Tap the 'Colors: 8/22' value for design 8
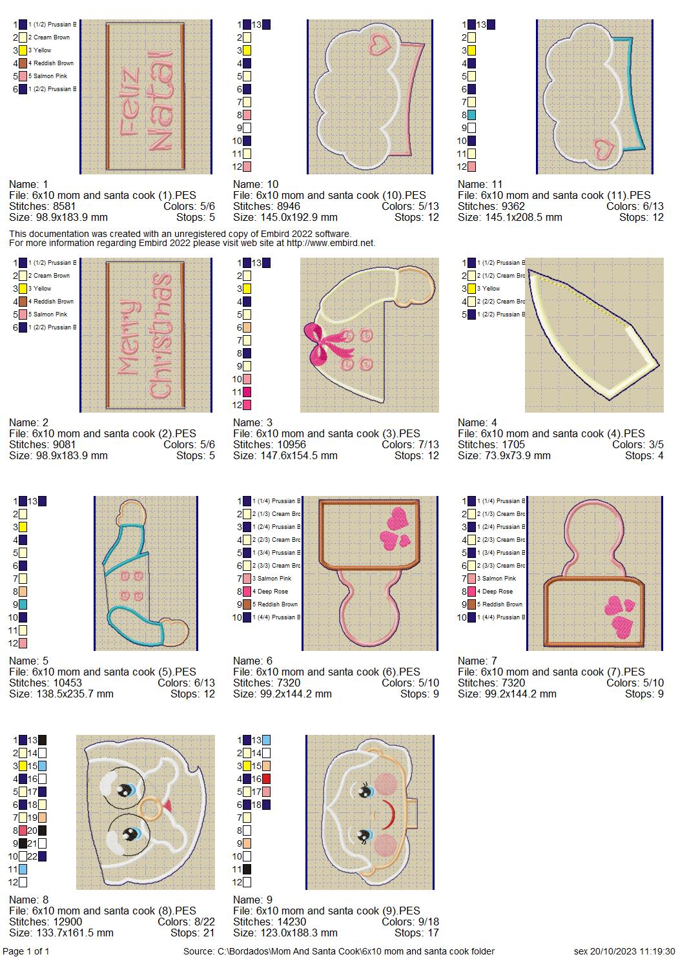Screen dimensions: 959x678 coord(186,922)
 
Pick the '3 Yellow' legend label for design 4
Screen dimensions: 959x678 coord(489,289)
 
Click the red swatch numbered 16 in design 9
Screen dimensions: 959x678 coord(267,779)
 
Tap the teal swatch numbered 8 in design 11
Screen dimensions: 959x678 coord(473,115)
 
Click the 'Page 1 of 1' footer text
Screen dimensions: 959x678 coord(26,951)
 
